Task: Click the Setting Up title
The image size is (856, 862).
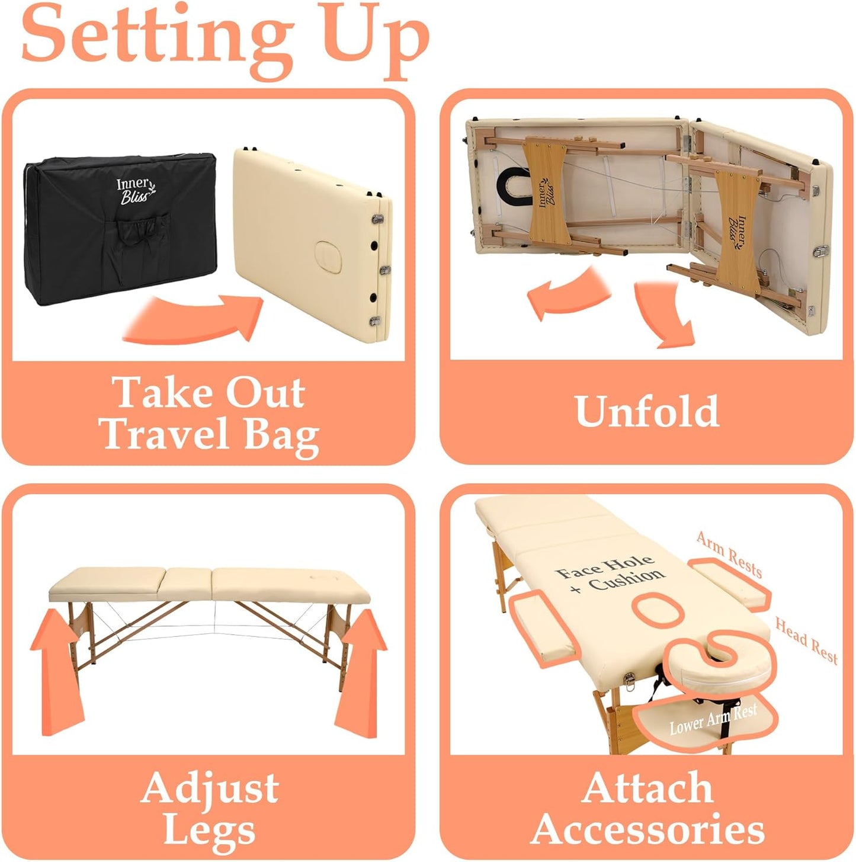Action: click(226, 41)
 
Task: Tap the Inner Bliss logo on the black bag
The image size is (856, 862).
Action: click(136, 191)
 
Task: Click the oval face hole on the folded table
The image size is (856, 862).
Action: click(328, 257)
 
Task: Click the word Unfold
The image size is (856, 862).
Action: click(647, 411)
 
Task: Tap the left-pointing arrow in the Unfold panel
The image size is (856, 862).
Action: click(568, 293)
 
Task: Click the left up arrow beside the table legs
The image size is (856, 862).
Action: click(56, 671)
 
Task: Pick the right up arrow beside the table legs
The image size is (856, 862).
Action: click(359, 672)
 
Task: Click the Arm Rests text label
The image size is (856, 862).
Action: click(729, 555)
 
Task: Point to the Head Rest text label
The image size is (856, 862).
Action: click(806, 640)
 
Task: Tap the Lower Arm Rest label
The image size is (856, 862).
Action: click(713, 719)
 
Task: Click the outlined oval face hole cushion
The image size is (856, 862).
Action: click(658, 609)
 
